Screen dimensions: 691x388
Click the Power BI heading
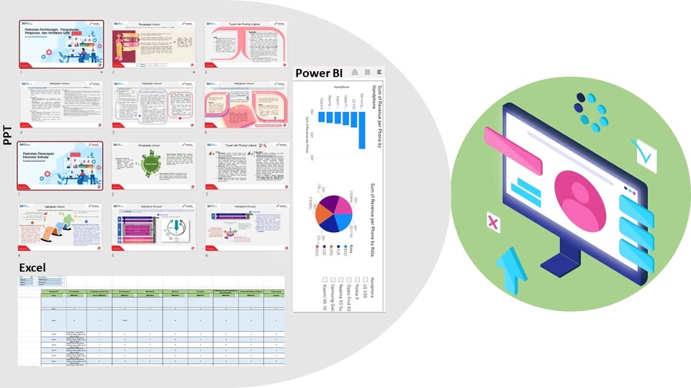pos(318,73)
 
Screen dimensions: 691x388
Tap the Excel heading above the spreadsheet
pos(32,267)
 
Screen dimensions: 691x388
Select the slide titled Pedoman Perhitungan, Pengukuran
pos(61,44)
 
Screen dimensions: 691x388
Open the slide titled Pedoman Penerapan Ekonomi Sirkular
pos(61,165)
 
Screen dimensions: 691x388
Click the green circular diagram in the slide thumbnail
pos(152,165)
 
